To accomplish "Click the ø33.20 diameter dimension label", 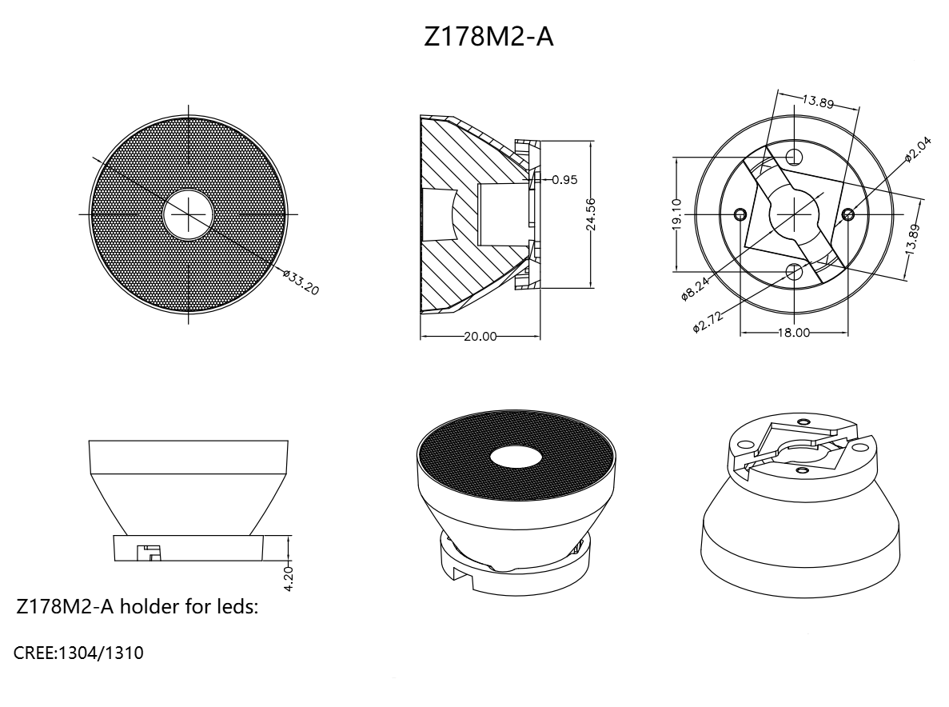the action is (x=301, y=282).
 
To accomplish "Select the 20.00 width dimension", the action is (x=480, y=337).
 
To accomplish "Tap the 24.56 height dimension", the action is (x=591, y=214).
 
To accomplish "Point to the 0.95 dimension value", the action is (x=564, y=180).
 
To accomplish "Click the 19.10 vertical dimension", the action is (x=677, y=214).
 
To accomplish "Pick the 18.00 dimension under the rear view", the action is (x=793, y=333).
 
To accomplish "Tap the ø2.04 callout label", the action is (x=918, y=150).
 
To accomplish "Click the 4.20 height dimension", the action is (x=288, y=578).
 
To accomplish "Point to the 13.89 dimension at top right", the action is (x=818, y=101).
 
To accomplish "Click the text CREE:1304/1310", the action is (x=78, y=653).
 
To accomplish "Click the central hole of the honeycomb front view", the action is (x=189, y=214).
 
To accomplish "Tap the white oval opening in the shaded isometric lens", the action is (x=516, y=458).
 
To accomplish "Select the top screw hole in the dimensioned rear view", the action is (x=795, y=157).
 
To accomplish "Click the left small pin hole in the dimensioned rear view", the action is (x=740, y=214).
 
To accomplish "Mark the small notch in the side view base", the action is (x=147, y=552).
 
